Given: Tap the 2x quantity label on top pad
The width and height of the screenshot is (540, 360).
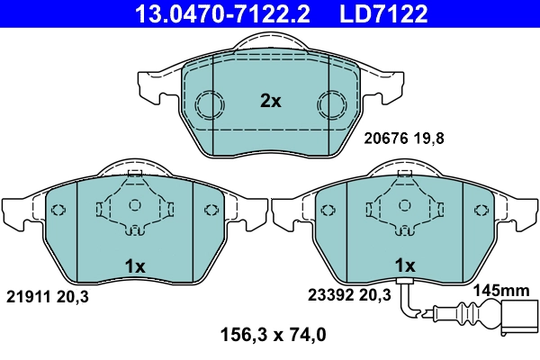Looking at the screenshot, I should click(271, 102).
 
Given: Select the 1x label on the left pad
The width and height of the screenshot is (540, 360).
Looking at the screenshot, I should click(134, 266).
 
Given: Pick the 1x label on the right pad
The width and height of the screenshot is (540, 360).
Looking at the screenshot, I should click(405, 266).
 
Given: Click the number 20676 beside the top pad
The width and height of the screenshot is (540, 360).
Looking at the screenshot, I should click(385, 139).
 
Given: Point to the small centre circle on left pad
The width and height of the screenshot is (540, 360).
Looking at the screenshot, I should click(134, 206).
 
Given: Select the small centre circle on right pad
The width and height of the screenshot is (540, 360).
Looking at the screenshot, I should click(405, 206).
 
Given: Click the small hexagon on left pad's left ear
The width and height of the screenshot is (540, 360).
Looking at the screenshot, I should click(59, 211).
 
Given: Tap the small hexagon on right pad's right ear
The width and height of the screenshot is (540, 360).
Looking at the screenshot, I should click(481, 211).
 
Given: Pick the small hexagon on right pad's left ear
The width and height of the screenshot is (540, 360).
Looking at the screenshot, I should click(330, 211).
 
